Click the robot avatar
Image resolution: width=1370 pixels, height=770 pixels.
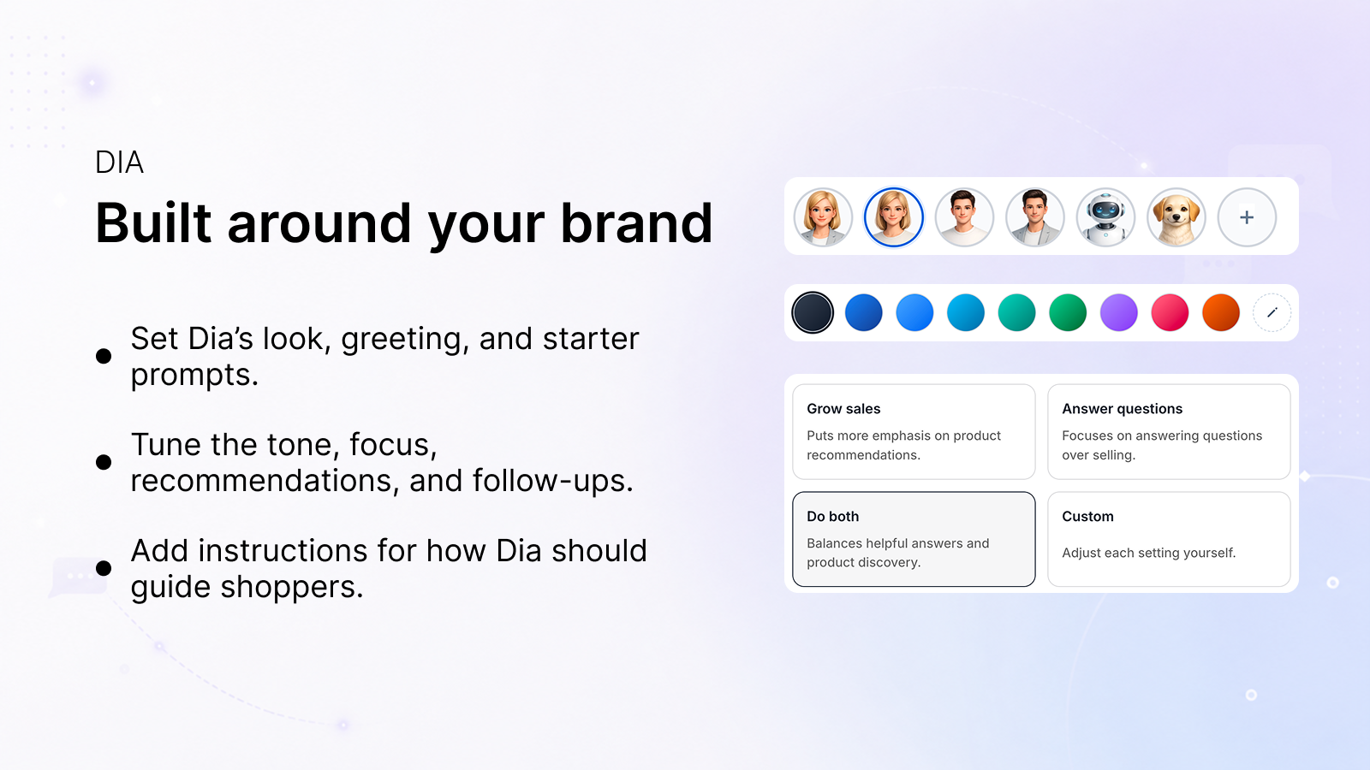[x=1105, y=217]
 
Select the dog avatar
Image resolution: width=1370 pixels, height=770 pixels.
[x=1176, y=217]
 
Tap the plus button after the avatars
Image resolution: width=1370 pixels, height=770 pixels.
[x=1247, y=217]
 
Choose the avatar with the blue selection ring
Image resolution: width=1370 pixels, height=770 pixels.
[x=894, y=217]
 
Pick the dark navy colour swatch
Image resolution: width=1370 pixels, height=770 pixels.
[x=813, y=312]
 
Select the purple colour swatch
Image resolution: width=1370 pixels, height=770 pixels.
[x=1118, y=312]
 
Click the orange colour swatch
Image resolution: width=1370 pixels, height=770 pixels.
[x=1221, y=312]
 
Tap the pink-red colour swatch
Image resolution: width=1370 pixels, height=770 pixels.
[x=1170, y=312]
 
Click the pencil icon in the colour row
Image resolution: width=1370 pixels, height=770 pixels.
[x=1272, y=312]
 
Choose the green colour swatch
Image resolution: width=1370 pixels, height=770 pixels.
[x=1067, y=312]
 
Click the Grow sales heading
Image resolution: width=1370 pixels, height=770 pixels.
[x=843, y=409]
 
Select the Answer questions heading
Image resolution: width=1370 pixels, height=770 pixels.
[x=1123, y=409]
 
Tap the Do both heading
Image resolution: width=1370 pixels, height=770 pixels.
[x=832, y=517]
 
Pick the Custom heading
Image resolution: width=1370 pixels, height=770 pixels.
[x=1087, y=517]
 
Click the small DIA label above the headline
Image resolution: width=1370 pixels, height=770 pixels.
[x=119, y=163]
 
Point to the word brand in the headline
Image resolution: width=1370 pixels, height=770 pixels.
[x=637, y=223]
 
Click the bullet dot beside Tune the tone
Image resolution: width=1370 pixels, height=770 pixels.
[x=104, y=462]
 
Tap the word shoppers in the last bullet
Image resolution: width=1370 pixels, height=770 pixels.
[x=292, y=587]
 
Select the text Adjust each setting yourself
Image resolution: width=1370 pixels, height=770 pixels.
[x=1148, y=553]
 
